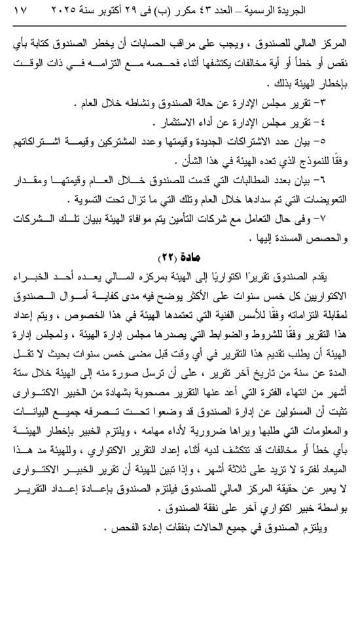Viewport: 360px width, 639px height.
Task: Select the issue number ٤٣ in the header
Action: click(231, 11)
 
